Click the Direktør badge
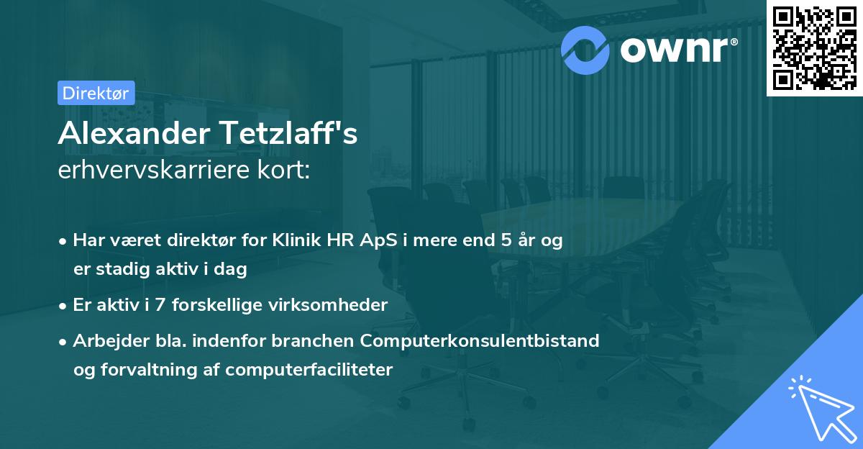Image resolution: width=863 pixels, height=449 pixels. click(95, 93)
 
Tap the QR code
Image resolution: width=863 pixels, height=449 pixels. click(813, 48)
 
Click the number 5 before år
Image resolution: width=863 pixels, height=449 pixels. click(507, 240)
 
